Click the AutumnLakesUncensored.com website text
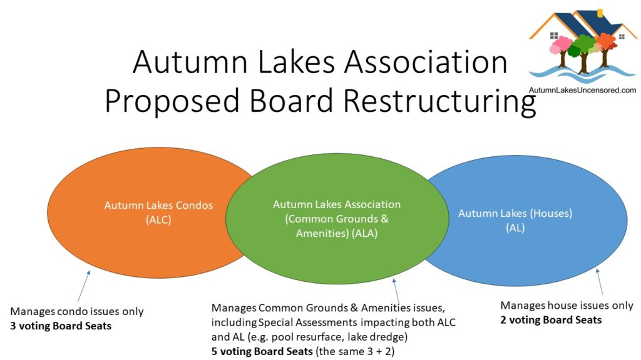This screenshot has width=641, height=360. tap(583, 90)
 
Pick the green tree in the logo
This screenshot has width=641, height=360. tap(583, 47)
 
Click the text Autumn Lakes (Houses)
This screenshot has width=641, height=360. tap(515, 214)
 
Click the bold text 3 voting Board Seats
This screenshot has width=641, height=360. tap(61, 326)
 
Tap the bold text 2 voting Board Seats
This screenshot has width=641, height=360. tap(551, 320)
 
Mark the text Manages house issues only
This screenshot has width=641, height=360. tap(567, 306)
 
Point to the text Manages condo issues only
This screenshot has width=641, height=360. tap(77, 311)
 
